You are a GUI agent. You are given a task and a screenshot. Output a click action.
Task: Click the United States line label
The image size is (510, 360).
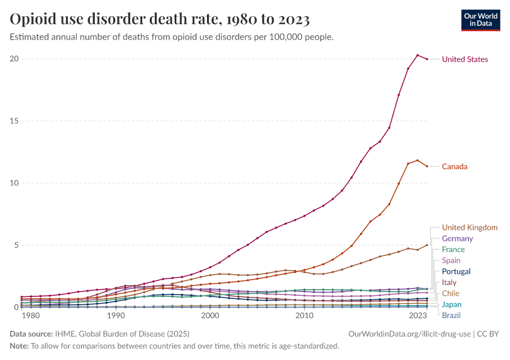464,59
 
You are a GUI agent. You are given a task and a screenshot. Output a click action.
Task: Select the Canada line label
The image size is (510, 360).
454,166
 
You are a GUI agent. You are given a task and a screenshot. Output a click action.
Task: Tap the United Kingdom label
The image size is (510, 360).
469,227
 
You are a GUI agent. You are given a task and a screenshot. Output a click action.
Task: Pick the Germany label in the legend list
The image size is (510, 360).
457,239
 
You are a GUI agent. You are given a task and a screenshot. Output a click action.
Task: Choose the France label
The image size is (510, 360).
453,250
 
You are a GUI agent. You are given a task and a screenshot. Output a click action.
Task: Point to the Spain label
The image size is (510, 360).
451,260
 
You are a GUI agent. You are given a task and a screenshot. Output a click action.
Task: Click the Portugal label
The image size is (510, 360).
456,271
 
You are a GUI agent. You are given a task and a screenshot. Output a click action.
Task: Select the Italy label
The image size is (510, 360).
449,282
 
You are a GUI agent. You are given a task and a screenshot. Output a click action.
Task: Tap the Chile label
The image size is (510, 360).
451,293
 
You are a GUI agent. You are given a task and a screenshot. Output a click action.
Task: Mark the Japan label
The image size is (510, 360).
452,304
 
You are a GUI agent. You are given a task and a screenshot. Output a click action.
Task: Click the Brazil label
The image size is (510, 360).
452,315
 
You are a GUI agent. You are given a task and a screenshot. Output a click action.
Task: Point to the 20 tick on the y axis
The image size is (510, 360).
14,59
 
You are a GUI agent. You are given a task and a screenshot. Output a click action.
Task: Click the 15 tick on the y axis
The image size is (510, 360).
14,121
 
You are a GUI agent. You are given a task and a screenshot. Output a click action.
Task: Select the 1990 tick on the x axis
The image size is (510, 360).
116,316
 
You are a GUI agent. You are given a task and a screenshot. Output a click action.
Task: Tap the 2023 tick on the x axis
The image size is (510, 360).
418,316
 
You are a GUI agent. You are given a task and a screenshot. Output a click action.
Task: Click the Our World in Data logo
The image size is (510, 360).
481,20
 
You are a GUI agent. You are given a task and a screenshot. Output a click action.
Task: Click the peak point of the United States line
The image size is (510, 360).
418,55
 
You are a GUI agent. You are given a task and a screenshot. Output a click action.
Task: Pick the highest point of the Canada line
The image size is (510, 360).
418,160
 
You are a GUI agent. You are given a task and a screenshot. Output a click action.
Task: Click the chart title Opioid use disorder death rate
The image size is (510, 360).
160,20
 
